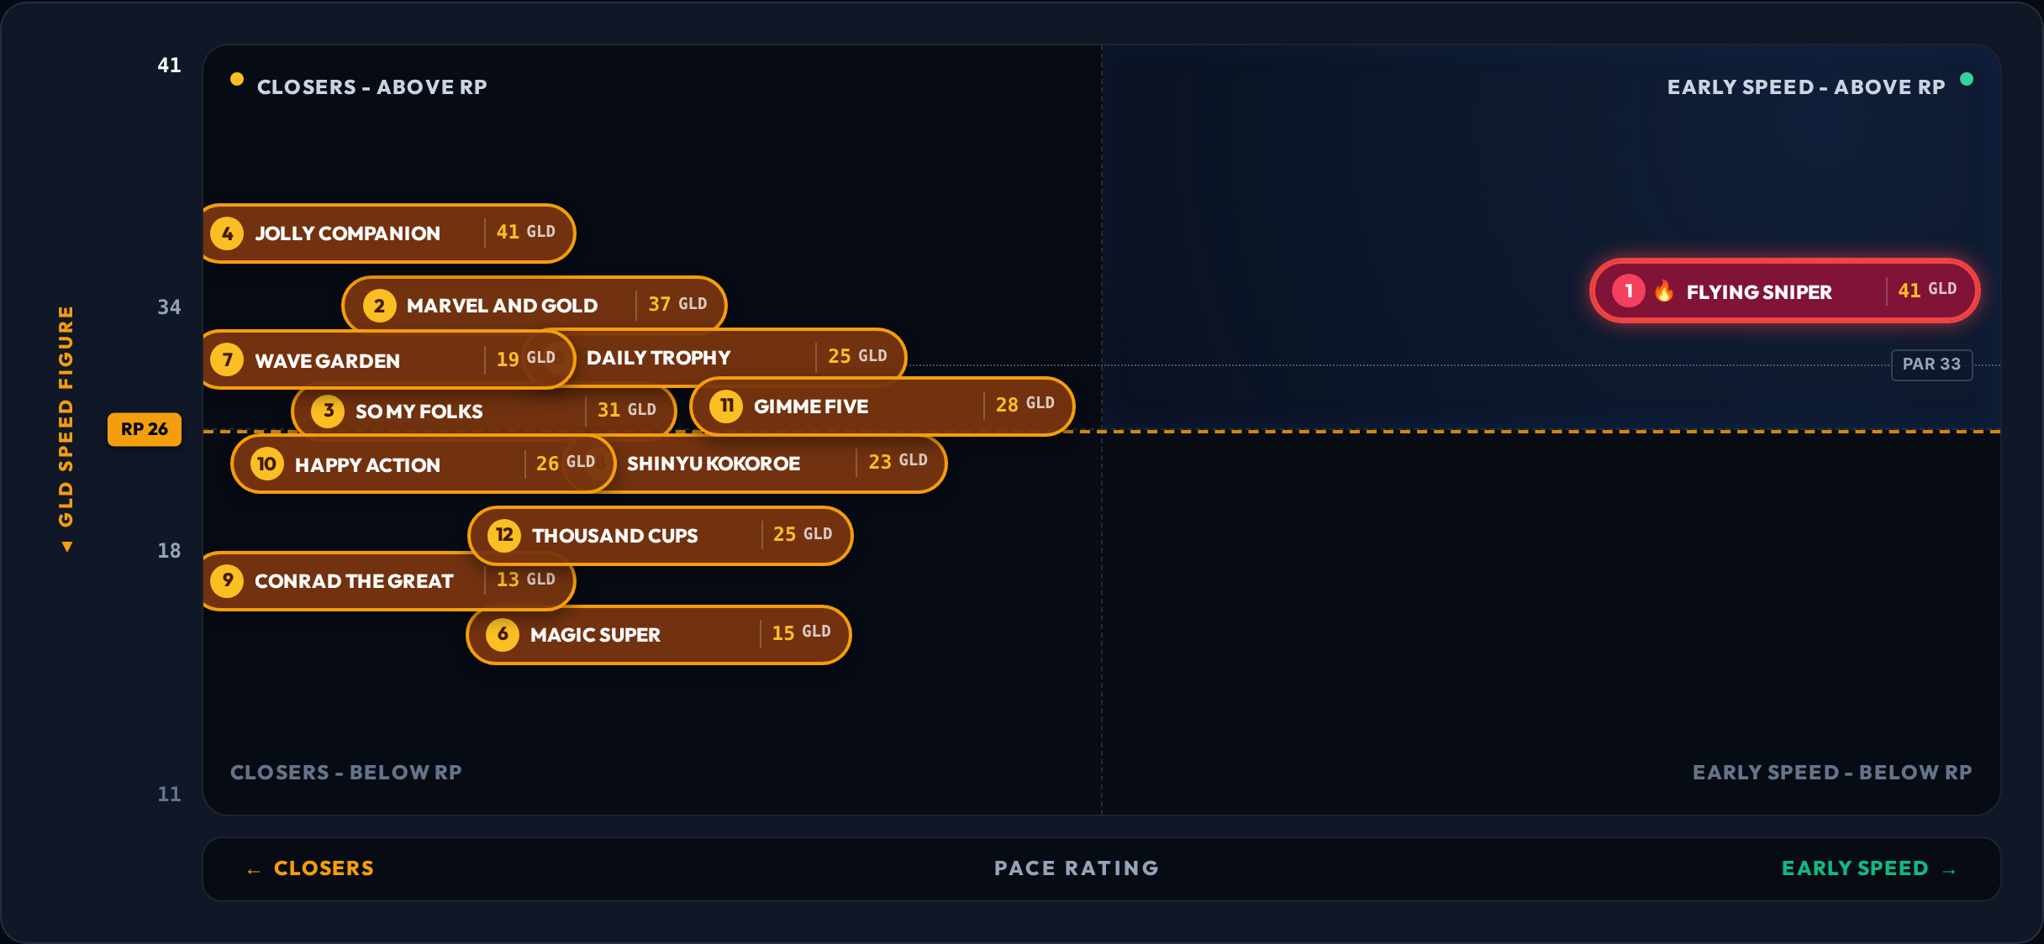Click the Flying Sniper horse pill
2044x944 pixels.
1784,291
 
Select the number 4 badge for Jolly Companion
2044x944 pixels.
227,233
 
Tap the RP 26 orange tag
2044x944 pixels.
145,429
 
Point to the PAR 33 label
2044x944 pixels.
1931,364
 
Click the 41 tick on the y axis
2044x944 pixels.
169,66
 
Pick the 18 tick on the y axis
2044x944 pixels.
169,551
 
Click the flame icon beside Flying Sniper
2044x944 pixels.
1664,291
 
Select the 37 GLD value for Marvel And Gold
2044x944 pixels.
677,304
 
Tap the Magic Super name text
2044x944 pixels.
595,635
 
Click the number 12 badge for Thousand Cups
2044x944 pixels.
504,535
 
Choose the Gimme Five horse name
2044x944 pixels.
811,406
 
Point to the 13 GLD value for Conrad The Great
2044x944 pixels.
525,580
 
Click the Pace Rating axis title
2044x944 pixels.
1077,868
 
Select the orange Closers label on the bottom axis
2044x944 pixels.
310,868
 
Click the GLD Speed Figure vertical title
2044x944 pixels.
66,428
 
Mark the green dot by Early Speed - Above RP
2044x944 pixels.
1967,79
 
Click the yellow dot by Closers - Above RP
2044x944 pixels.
237,79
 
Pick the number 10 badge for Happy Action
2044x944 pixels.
267,464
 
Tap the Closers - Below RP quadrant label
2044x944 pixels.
346,773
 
